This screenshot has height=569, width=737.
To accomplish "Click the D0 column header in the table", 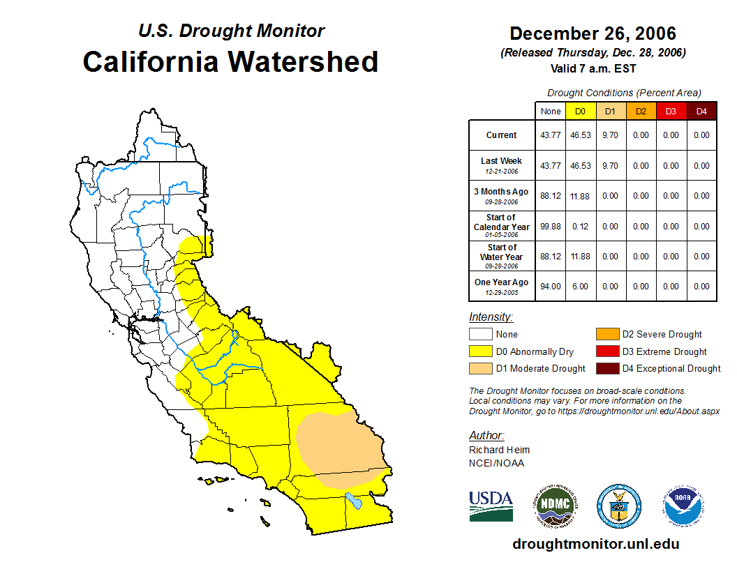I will point(580,111).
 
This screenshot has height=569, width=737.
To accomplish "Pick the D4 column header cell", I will point(701,111).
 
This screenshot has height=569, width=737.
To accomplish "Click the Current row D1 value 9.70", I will point(610,135).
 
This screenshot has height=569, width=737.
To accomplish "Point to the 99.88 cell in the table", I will point(551,226).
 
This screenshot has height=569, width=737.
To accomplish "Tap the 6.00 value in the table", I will point(580,286).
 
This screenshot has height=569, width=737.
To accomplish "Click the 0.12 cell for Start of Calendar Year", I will point(580,226).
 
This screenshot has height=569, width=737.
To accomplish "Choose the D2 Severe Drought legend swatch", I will point(606,334).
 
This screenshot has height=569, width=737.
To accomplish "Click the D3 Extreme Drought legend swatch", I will point(606,351).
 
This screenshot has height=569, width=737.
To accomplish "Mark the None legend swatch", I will point(480,334).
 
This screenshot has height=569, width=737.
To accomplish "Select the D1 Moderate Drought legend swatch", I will point(480,368).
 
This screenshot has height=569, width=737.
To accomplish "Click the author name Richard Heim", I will point(499,450).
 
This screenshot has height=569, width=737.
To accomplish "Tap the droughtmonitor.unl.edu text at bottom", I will point(595,544).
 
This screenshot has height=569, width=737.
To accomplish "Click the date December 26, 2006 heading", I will point(593,33).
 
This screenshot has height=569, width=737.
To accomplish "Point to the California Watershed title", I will point(230,61).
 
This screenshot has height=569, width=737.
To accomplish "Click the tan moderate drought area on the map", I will point(338,443).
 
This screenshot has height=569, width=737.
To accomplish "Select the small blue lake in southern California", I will point(354,500).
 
